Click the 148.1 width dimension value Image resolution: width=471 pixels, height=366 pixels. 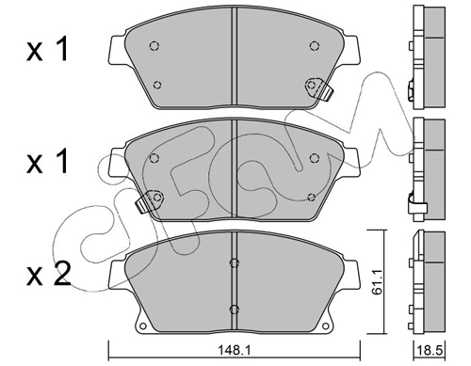234,349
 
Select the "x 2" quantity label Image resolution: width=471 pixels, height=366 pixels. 49,275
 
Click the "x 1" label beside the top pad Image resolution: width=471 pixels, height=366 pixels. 47,49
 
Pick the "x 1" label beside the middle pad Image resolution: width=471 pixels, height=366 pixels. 47,161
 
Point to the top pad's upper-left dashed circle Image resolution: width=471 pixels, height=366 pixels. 154,46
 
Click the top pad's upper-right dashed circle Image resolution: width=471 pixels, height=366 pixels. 314,46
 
